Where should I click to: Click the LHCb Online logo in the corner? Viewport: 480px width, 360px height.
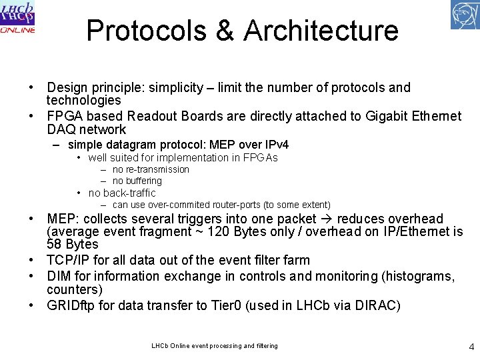coord(18,18)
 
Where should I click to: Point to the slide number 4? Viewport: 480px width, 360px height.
coord(471,346)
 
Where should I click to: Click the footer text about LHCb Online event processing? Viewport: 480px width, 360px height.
coord(215,345)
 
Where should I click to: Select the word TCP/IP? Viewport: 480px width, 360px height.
coord(69,260)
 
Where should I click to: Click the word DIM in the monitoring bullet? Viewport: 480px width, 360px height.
coord(59,276)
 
